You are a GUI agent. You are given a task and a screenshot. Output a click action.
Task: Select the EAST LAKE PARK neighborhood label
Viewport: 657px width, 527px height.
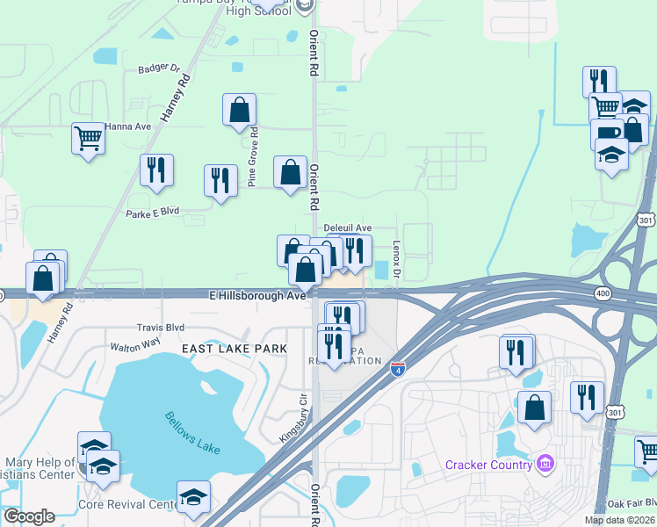[235, 349]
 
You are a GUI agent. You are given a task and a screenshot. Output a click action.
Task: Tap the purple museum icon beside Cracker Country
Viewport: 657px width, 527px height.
[545, 463]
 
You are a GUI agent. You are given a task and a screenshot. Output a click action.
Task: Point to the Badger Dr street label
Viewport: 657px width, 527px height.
[158, 68]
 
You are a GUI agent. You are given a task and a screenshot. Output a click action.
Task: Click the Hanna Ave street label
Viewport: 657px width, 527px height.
[128, 126]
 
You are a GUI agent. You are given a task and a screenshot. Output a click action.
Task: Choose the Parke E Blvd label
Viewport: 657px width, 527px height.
[152, 213]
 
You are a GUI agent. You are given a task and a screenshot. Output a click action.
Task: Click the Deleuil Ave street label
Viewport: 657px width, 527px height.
[348, 227]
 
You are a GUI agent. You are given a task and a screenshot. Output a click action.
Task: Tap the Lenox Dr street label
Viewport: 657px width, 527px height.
[396, 261]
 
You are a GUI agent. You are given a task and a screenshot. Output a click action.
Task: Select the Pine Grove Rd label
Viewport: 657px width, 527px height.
[252, 157]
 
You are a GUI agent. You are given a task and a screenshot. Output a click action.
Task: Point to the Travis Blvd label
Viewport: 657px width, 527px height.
[160, 327]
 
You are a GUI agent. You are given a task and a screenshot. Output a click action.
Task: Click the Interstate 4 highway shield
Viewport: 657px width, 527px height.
[398, 368]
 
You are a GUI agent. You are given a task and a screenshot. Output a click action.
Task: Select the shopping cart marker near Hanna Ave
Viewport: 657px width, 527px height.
[89, 138]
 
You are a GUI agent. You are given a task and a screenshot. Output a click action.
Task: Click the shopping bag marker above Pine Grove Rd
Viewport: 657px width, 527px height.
[239, 111]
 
